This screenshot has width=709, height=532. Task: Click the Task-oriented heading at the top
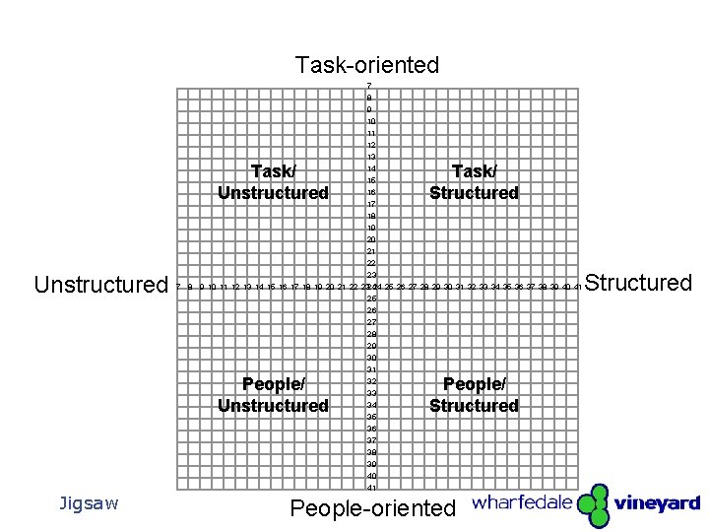[366, 66]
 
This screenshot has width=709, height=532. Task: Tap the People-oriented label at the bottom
[373, 508]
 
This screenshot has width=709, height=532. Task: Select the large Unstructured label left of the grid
[100, 286]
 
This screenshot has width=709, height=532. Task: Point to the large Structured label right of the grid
[639, 284]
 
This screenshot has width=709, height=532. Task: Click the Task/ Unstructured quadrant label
[273, 182]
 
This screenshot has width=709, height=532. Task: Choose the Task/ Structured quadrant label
[474, 182]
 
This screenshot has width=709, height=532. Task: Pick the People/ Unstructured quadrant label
[273, 395]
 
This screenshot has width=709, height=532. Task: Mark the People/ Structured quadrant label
[474, 395]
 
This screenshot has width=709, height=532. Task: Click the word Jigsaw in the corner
[89, 504]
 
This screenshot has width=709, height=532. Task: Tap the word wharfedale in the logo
[522, 502]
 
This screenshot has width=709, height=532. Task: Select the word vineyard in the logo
[657, 503]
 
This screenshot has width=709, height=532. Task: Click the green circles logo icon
[594, 505]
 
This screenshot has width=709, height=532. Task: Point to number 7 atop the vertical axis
[369, 86]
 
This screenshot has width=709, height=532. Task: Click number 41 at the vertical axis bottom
[371, 488]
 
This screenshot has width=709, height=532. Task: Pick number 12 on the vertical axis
[371, 145]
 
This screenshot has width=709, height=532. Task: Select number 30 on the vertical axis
[371, 358]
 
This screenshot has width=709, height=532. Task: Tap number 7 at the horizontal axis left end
[178, 287]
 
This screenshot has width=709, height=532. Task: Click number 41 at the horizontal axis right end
[577, 287]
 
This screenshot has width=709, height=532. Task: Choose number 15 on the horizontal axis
[271, 287]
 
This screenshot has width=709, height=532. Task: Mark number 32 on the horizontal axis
[471, 287]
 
